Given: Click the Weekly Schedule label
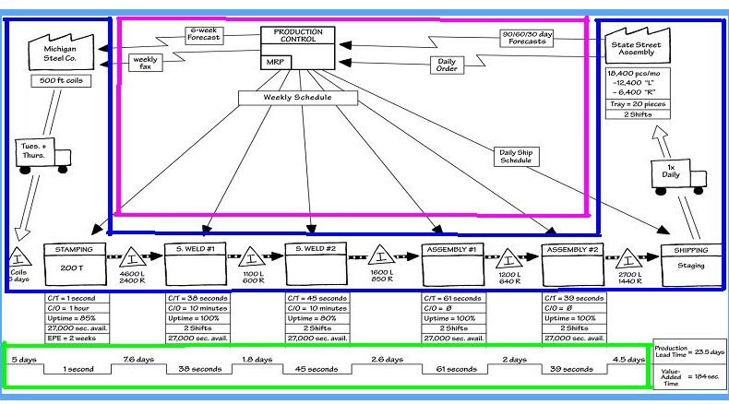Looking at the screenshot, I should coord(298,97).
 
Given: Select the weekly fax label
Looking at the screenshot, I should coord(145,63).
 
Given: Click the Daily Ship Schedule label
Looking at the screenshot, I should coord(515,156).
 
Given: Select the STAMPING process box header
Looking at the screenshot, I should coord(74,249).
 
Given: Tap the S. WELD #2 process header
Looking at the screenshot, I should coord(317,249).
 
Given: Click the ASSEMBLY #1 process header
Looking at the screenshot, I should coord(453,249).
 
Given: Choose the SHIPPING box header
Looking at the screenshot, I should coord(692,249).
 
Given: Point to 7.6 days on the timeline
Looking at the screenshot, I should coord(136,358).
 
